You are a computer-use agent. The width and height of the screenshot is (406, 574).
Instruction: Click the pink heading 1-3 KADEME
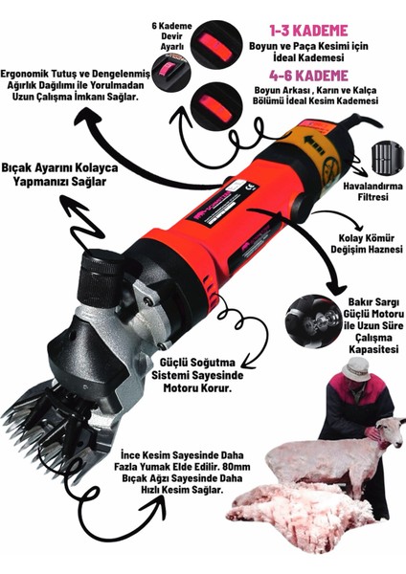[308, 31]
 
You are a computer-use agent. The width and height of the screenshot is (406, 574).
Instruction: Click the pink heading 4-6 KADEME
[308, 76]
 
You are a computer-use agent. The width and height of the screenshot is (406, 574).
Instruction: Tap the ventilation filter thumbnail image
[387, 158]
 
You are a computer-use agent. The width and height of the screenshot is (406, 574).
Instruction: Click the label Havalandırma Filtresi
[372, 191]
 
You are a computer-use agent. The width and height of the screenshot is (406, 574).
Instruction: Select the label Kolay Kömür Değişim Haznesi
[367, 244]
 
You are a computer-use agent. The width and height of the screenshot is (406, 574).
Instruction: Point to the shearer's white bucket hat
[355, 369]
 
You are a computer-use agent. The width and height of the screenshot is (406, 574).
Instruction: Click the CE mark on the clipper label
[250, 188]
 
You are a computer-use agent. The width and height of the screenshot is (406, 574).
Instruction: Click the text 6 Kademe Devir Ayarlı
[171, 36]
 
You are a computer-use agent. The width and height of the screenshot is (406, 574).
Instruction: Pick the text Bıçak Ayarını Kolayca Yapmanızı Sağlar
[59, 175]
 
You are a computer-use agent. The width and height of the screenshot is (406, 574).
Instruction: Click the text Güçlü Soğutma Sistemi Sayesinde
[198, 369]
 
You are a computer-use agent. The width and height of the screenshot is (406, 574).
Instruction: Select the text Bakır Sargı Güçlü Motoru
[374, 308]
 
